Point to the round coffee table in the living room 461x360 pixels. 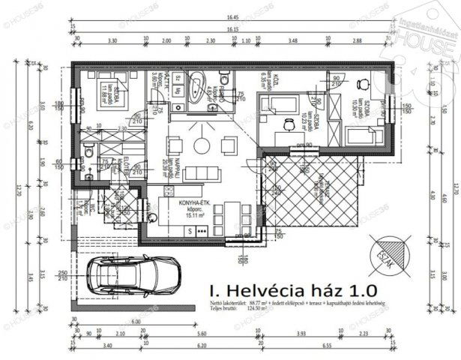[201, 142]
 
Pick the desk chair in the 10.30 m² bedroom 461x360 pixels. [364, 84]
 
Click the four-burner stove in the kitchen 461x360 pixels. [202, 231]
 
